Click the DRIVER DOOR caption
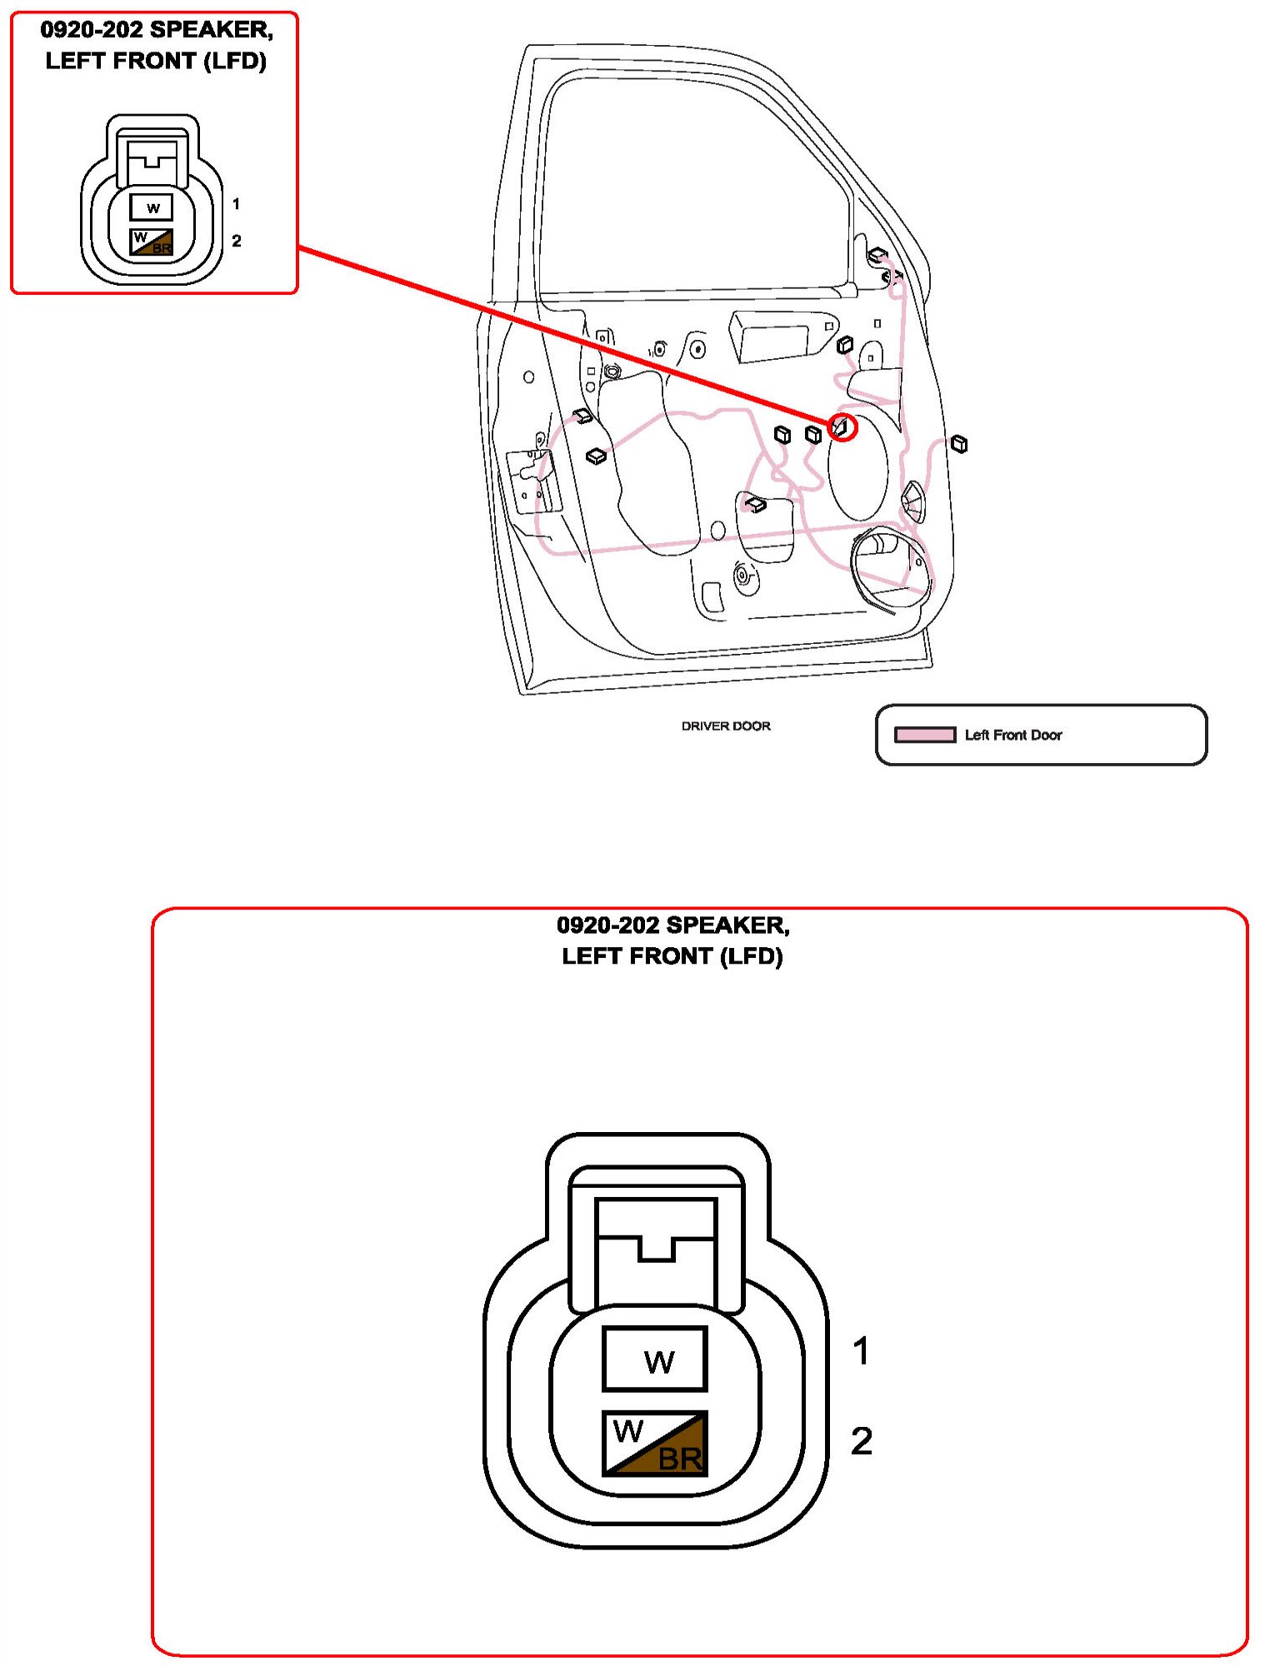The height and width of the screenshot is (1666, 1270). coord(725,726)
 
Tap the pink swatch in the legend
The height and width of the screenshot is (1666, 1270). coord(924,735)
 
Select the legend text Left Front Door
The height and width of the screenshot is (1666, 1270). coord(1012,735)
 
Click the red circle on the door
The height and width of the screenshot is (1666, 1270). coord(842,427)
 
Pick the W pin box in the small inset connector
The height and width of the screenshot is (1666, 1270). coord(152,207)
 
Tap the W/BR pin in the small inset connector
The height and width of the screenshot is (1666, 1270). coord(152,242)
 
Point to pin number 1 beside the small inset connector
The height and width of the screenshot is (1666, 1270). coord(236,204)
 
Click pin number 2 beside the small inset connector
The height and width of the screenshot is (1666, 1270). coord(237,241)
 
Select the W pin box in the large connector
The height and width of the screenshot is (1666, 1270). coord(655,1359)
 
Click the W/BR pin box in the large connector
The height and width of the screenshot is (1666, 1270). coord(655,1444)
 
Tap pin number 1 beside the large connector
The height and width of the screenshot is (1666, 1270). coord(861,1351)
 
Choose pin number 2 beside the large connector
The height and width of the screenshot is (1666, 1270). coord(861,1442)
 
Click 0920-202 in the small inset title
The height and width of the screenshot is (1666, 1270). coord(92,30)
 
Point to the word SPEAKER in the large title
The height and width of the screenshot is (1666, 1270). coord(727,925)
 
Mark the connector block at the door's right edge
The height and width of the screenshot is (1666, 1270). coord(959,444)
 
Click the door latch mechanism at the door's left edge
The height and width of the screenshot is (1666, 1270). coord(532,479)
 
